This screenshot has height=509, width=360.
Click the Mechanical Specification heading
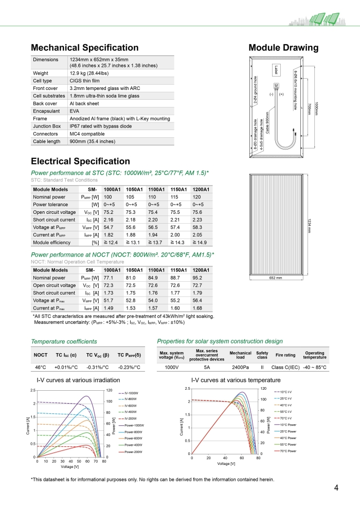85,48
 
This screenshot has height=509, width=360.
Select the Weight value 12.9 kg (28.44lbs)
93,74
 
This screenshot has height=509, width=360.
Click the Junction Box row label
47,126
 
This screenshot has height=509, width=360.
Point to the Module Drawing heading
283,48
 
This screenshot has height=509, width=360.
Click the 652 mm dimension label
276,278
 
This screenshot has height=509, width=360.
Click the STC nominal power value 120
196,197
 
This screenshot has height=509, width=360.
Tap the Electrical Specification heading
81,161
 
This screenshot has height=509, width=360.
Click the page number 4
336,488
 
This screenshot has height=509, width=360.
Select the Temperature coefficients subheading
64,341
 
